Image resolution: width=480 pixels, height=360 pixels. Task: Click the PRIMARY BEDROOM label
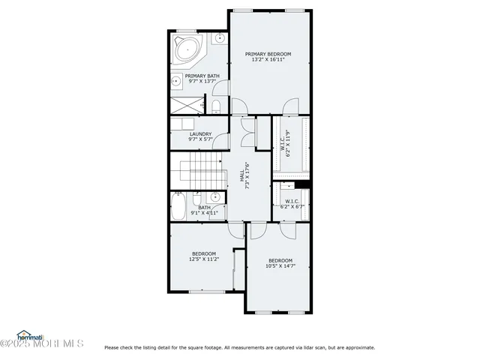[x=268, y=54]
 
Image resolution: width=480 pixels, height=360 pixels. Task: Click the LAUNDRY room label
[x=190, y=134]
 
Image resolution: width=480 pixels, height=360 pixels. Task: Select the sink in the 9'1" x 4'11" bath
[x=214, y=199]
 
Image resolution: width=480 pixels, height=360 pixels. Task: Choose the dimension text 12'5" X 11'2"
[x=204, y=259]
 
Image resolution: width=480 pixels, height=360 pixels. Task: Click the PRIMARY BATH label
[x=202, y=76]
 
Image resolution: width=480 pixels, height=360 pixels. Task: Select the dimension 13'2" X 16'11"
[x=268, y=61]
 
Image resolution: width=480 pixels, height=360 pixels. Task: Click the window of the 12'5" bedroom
[x=203, y=292]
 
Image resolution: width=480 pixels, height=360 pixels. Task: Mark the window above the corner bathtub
[x=186, y=31]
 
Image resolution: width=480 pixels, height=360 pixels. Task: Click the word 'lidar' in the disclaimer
[x=310, y=347]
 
